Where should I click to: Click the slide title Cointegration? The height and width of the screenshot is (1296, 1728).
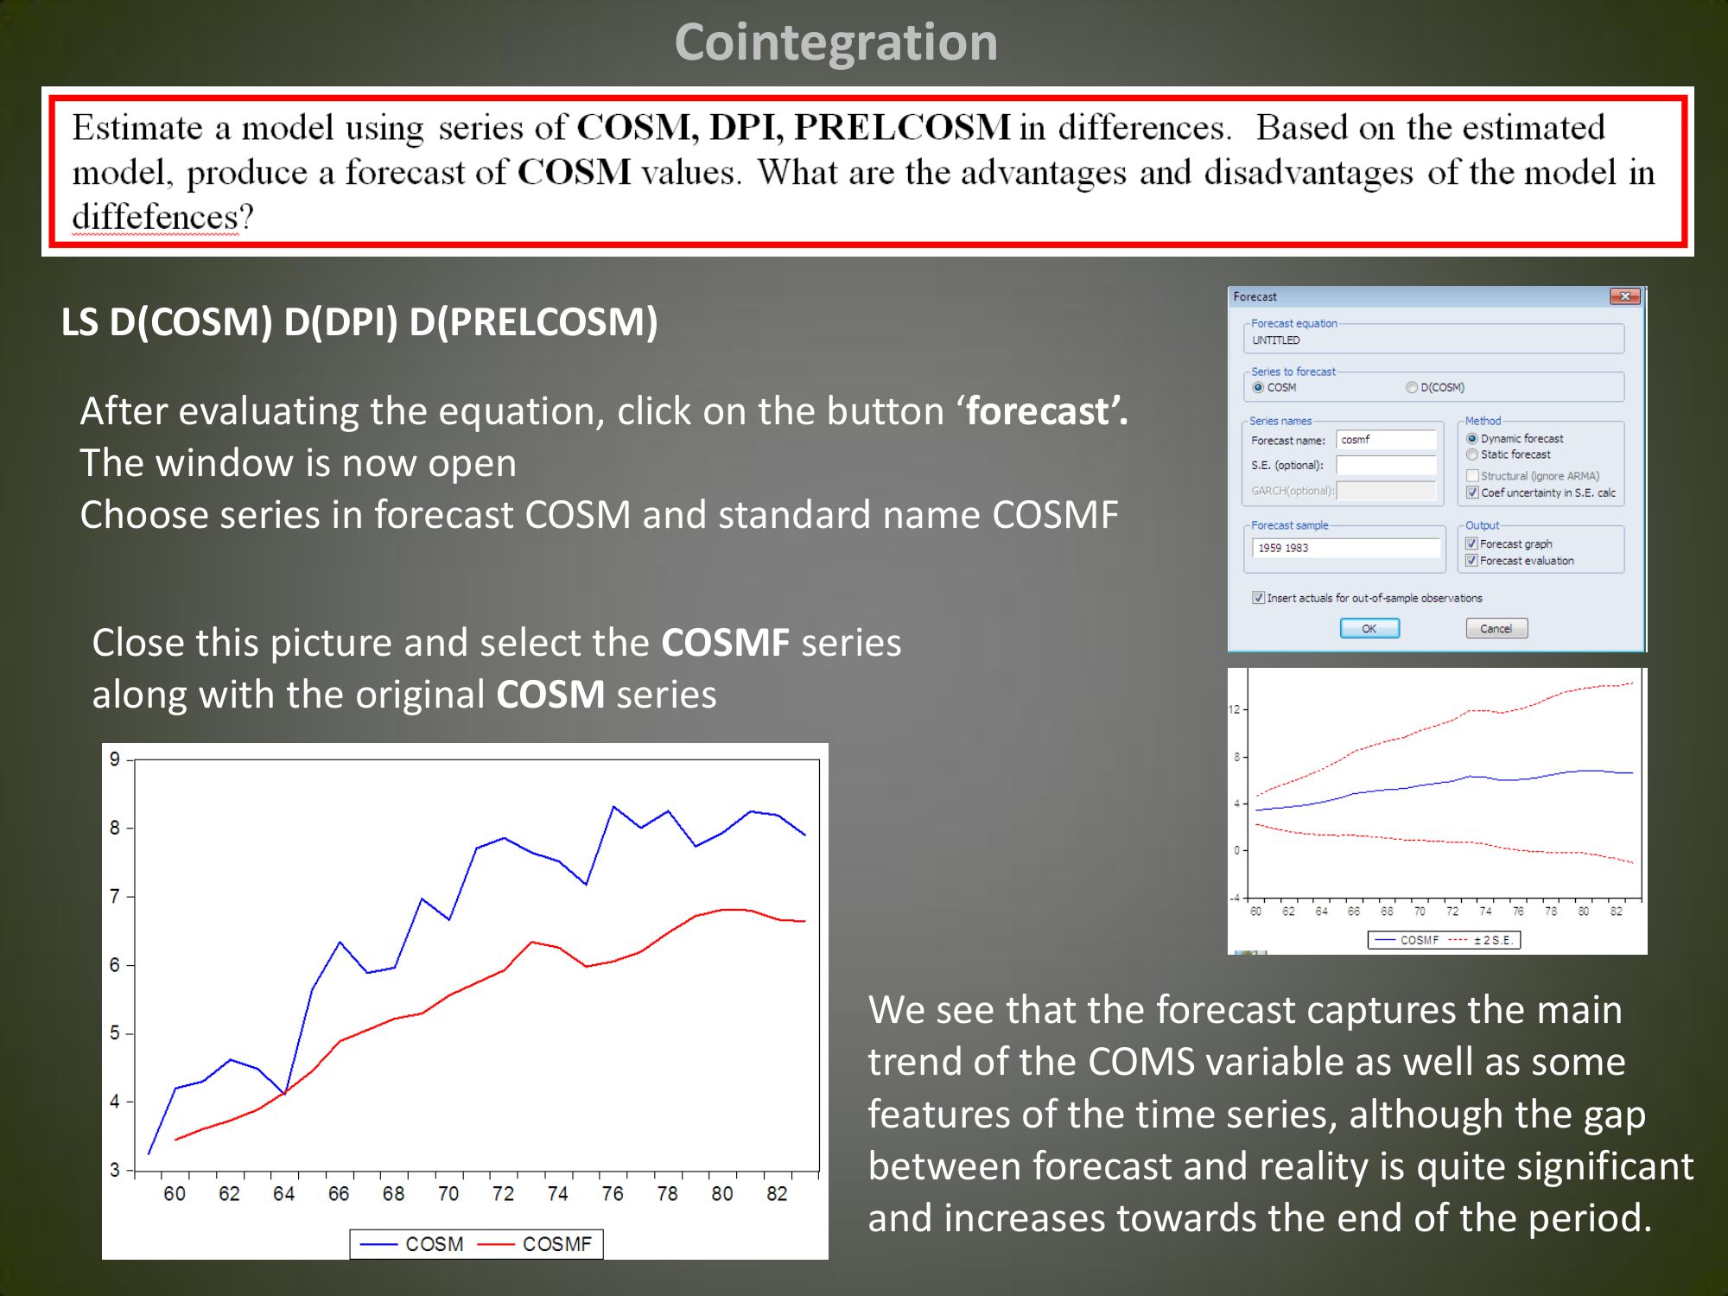835,41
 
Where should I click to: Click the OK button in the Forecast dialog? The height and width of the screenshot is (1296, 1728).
1369,628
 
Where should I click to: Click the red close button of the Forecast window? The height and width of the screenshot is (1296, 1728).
1625,296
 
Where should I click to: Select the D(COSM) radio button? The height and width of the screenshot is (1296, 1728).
1412,387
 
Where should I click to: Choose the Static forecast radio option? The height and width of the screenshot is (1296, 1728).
1472,454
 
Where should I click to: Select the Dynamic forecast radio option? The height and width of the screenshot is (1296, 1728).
1472,439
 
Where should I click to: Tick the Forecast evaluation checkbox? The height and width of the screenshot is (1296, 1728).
1472,561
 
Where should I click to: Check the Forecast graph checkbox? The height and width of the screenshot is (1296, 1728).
1472,543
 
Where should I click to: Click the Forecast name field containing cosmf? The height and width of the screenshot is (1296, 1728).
1386,440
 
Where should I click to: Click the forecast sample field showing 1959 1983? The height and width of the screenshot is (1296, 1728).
1345,548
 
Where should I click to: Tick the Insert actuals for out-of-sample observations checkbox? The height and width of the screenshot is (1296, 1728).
1259,598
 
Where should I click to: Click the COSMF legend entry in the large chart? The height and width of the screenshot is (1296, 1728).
536,1244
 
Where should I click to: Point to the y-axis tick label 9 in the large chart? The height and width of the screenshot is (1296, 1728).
115,759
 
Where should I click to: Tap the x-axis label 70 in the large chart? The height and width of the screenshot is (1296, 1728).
448,1194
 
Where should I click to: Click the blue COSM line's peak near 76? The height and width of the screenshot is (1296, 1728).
613,807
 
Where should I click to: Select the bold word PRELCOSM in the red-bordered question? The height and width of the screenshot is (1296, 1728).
903,127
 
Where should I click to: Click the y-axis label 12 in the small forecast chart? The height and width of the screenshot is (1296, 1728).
1234,709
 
